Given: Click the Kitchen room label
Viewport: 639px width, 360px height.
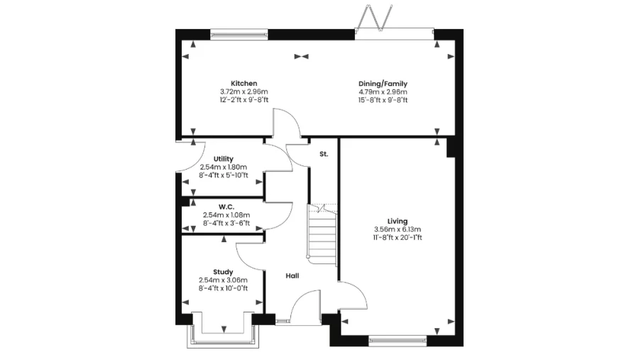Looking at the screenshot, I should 244,83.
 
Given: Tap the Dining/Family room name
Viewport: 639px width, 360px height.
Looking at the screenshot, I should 383,83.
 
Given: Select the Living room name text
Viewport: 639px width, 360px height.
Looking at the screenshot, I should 398,221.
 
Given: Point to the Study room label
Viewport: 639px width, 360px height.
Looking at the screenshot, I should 223,272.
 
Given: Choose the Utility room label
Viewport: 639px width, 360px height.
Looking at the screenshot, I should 223,159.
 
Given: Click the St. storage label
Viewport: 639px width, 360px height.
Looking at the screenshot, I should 324,153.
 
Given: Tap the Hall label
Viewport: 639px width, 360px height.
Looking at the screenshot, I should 293,276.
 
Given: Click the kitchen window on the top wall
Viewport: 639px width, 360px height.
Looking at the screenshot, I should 239,33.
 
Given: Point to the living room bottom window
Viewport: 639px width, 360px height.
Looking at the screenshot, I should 398,341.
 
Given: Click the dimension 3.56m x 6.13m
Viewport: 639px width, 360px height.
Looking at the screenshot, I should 398,229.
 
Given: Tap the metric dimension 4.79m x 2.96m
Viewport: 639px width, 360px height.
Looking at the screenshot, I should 383,92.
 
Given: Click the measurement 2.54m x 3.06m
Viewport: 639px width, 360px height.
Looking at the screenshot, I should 223,280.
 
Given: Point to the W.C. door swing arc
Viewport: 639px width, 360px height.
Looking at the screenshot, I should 281,213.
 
